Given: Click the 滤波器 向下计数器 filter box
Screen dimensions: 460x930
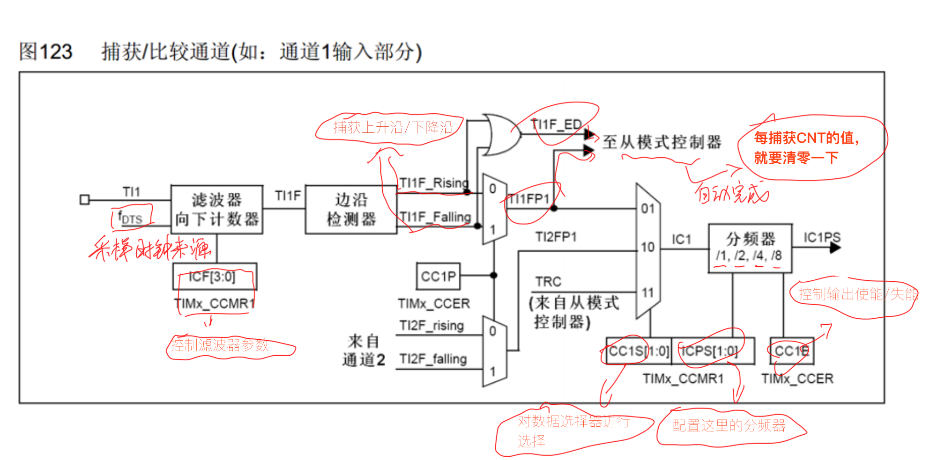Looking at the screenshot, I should pos(216,209).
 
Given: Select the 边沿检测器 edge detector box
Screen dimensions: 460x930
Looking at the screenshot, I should pos(351,209).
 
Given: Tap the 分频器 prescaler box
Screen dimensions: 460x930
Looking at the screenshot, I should pos(750,248).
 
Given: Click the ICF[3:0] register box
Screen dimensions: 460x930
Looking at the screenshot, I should pos(215,277).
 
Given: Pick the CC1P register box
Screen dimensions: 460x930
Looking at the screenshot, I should pos(438,276).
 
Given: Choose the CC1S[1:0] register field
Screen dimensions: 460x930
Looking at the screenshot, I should pos(639,351).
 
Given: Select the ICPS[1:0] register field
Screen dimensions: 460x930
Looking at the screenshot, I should pos(713,351).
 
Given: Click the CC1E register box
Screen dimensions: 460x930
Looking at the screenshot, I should pos(792,351).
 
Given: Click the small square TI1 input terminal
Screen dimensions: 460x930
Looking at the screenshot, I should pos(84,200).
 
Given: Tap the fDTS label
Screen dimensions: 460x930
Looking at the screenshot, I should pos(130,218).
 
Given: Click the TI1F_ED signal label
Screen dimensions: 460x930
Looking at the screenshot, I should pos(556,124).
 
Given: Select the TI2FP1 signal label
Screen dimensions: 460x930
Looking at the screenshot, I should pos(556,237).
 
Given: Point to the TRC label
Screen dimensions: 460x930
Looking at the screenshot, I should pos(548,282).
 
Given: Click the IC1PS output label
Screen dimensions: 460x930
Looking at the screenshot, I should pos(822,237).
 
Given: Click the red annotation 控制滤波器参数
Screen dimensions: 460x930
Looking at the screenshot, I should pos(219,345).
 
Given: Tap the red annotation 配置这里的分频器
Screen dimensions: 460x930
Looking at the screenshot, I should pos(729,425).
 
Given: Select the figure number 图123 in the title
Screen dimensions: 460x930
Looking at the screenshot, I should pos(45,51).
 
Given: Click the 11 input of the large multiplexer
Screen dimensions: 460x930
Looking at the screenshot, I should pos(647,293).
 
